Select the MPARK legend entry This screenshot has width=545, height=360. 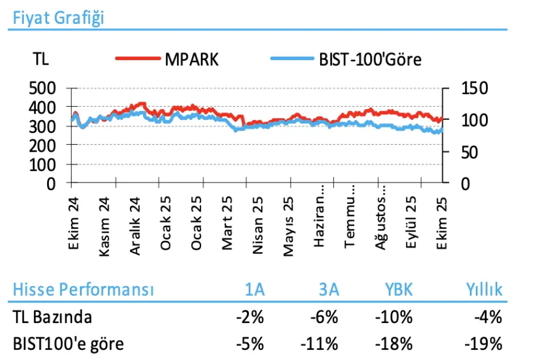click(x=191, y=59)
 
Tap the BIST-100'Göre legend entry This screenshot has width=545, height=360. click(x=370, y=59)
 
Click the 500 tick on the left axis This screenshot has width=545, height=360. click(x=43, y=89)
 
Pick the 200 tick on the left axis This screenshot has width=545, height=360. click(x=43, y=145)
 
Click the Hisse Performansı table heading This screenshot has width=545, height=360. click(x=83, y=290)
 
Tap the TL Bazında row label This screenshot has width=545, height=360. click(x=52, y=317)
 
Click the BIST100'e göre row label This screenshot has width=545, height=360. click(x=69, y=344)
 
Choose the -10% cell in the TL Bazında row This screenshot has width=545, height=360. click(x=393, y=317)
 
